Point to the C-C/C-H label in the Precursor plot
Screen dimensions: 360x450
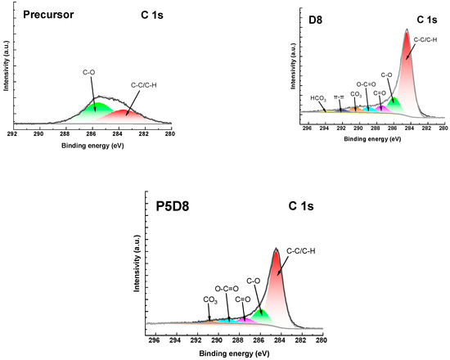149,83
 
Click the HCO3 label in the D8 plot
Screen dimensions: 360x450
318,98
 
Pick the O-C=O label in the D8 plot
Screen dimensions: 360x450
368,83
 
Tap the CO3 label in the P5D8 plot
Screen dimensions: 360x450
209,299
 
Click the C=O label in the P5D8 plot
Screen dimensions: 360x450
243,299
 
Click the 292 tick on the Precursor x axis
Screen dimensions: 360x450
12,131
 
